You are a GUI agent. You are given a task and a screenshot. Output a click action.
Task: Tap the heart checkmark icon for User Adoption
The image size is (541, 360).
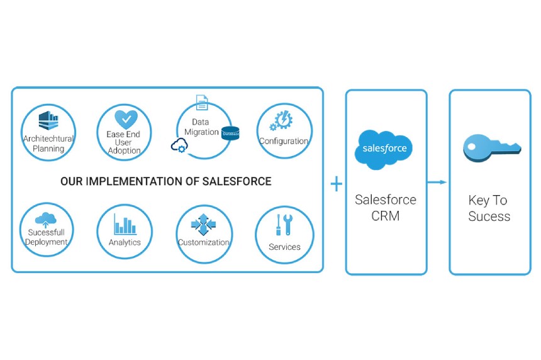coord(125,119)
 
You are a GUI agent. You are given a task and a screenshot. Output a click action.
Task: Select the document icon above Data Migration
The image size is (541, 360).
coord(201,103)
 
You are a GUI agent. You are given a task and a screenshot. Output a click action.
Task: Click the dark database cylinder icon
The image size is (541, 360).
coord(230,133)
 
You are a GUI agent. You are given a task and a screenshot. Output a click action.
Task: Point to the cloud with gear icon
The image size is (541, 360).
coord(179,147)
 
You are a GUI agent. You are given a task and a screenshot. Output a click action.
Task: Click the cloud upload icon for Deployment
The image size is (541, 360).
coord(46,220)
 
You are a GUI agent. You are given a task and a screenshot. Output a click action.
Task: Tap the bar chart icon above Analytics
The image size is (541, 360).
coord(125,224)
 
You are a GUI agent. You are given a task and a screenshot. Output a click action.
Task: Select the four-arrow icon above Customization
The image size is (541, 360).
coord(203,223)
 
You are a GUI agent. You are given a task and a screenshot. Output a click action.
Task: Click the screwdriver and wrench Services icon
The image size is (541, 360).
coord(284,225)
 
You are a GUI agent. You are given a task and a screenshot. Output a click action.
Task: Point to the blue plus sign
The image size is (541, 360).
coord(337,184)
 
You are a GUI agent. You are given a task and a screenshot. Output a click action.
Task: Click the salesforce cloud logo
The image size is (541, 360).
coord(384,149)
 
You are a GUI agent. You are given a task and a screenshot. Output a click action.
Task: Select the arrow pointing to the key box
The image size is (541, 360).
coord(437,183)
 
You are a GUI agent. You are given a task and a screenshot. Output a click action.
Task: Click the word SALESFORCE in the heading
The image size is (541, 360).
coord(237,181)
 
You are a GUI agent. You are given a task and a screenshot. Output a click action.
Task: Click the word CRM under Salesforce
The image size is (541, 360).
coord(386,217)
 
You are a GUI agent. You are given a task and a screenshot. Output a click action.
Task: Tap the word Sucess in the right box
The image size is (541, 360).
coord(489,217)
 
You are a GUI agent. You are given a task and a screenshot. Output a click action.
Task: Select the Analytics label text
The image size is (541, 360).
coord(125,242)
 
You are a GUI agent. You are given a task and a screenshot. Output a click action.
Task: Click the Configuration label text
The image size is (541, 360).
coord(284,141)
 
